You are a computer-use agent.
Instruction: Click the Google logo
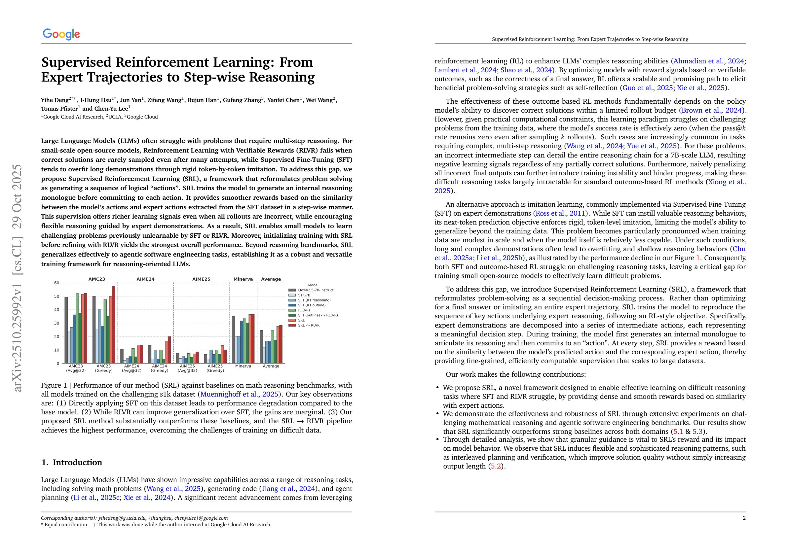coord(61,34)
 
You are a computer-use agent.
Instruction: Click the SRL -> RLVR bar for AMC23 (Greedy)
coord(113,325)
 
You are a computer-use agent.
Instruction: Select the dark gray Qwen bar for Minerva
coord(234,339)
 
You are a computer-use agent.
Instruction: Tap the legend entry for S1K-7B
coord(304,295)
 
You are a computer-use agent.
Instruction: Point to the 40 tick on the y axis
coord(57,310)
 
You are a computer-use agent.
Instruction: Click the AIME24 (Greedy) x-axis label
coord(159,368)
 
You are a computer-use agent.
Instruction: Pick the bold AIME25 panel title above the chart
coord(201,279)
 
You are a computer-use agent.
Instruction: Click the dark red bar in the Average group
coord(281,344)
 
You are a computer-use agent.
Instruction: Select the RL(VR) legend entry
coord(304,310)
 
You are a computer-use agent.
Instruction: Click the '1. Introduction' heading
coord(72,462)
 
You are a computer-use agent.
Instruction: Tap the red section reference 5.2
coord(496,466)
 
